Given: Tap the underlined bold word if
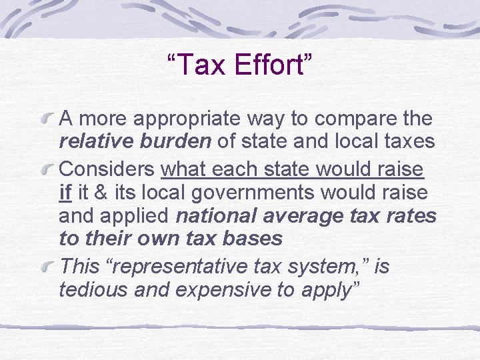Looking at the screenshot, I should pos(65,193).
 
